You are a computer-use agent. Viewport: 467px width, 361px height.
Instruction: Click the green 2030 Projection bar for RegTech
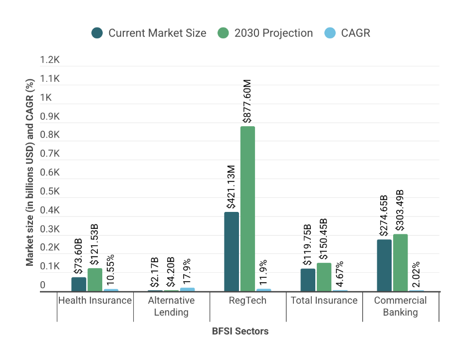coord(247,208)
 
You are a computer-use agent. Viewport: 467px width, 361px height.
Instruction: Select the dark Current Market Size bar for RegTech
coord(232,252)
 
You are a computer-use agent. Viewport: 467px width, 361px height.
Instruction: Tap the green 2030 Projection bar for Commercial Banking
coord(400,263)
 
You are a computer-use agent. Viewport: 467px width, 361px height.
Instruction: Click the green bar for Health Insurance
coord(95,280)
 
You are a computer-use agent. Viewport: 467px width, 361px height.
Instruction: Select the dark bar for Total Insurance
coord(308,280)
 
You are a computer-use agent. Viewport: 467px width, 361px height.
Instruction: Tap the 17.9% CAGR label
coord(187,271)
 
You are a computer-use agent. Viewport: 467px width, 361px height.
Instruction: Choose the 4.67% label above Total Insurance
coord(340,274)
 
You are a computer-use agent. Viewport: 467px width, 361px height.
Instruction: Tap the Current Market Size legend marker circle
coord(97,33)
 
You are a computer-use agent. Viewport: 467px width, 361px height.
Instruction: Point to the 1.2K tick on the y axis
coord(50,60)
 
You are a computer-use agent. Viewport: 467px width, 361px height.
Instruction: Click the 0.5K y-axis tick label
coord(50,191)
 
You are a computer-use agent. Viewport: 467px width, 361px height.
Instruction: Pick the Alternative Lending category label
coord(171,306)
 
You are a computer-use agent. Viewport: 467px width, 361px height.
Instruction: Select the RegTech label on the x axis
coord(247,301)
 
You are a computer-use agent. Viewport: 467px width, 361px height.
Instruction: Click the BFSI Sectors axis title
coord(240,331)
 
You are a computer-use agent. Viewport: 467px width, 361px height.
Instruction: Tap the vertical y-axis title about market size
coord(30,172)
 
